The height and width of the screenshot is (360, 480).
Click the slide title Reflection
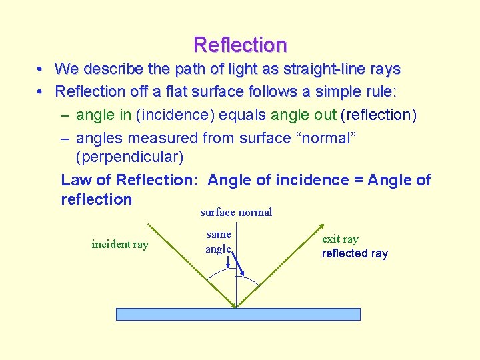pos(240,45)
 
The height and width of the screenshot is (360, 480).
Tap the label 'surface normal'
pos(236,213)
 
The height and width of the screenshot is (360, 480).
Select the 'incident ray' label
pos(120,244)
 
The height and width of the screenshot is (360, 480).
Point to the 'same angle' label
pos(219,241)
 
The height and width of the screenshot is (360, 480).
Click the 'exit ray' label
pos(340,239)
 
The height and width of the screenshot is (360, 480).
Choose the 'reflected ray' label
pos(355,253)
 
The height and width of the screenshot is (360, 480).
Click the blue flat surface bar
pos(238,314)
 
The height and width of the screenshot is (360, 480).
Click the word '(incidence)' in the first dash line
pos(174,115)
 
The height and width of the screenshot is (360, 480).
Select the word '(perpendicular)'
pos(129,158)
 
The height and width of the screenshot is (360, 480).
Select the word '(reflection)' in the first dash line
pos(378,115)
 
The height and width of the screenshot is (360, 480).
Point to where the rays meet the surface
pos(237,307)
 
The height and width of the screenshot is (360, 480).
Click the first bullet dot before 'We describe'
pos(41,69)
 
